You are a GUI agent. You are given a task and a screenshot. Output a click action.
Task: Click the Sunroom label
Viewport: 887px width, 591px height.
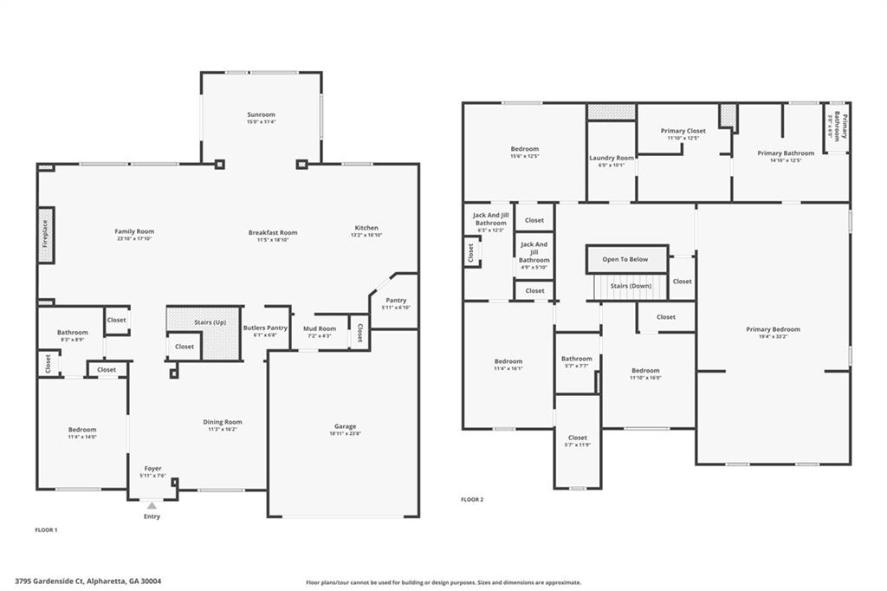click(261, 114)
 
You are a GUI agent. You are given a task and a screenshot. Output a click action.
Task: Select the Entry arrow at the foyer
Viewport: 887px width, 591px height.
click(152, 505)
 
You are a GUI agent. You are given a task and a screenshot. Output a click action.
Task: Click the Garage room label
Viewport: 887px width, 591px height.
click(345, 426)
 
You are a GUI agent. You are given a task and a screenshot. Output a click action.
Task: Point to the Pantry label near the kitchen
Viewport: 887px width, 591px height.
click(395, 300)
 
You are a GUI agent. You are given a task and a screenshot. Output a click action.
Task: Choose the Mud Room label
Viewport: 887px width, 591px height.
click(319, 328)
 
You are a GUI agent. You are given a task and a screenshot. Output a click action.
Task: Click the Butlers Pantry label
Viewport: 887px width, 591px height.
click(265, 328)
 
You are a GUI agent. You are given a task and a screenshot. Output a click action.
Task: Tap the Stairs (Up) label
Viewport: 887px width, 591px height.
click(210, 322)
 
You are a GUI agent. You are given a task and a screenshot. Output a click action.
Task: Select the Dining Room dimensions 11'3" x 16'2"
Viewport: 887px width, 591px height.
click(223, 430)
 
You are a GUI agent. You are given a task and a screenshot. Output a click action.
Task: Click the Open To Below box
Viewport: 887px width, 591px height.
click(625, 259)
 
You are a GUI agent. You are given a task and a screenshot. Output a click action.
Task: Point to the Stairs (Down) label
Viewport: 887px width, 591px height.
click(631, 285)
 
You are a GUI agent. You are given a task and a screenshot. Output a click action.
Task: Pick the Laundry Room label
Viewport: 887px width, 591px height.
click(612, 158)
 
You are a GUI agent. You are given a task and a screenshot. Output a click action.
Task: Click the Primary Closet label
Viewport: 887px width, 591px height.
click(683, 131)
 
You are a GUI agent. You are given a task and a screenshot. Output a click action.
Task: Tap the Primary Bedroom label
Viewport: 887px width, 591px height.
click(773, 329)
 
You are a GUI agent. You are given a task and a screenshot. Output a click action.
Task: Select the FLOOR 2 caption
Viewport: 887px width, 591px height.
click(472, 500)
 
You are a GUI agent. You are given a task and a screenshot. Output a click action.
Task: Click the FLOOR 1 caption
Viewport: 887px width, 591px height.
click(45, 529)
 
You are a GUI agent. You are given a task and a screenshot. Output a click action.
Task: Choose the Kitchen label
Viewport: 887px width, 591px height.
click(365, 228)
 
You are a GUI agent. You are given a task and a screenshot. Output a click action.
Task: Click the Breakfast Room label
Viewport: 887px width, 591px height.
click(273, 232)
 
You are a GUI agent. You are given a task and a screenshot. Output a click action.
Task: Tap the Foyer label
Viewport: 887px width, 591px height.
click(152, 469)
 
